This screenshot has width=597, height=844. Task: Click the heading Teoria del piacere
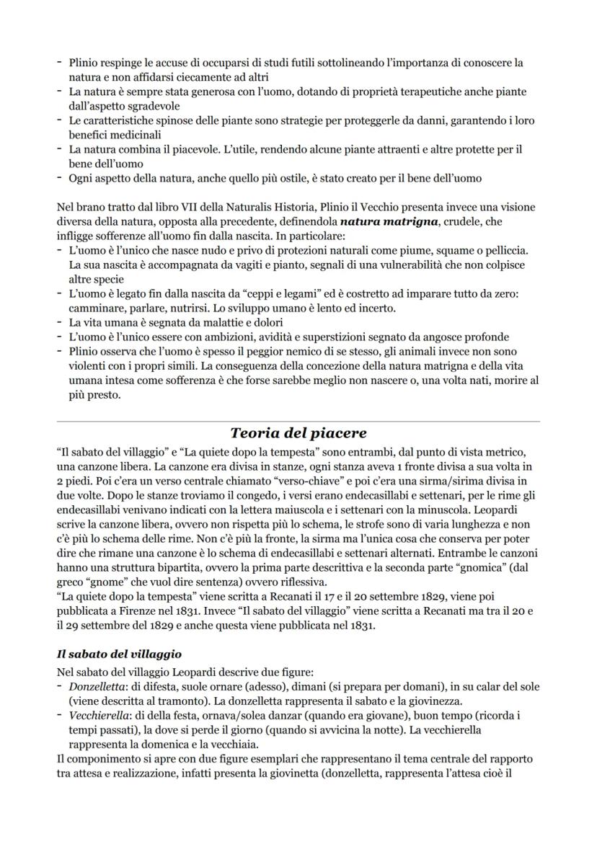[298, 433]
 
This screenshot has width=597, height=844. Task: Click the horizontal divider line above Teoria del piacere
[298, 421]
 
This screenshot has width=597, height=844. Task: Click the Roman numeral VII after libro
[168, 207]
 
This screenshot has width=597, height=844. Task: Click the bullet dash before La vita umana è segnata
[60, 323]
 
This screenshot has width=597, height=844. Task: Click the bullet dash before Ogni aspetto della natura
[60, 178]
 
